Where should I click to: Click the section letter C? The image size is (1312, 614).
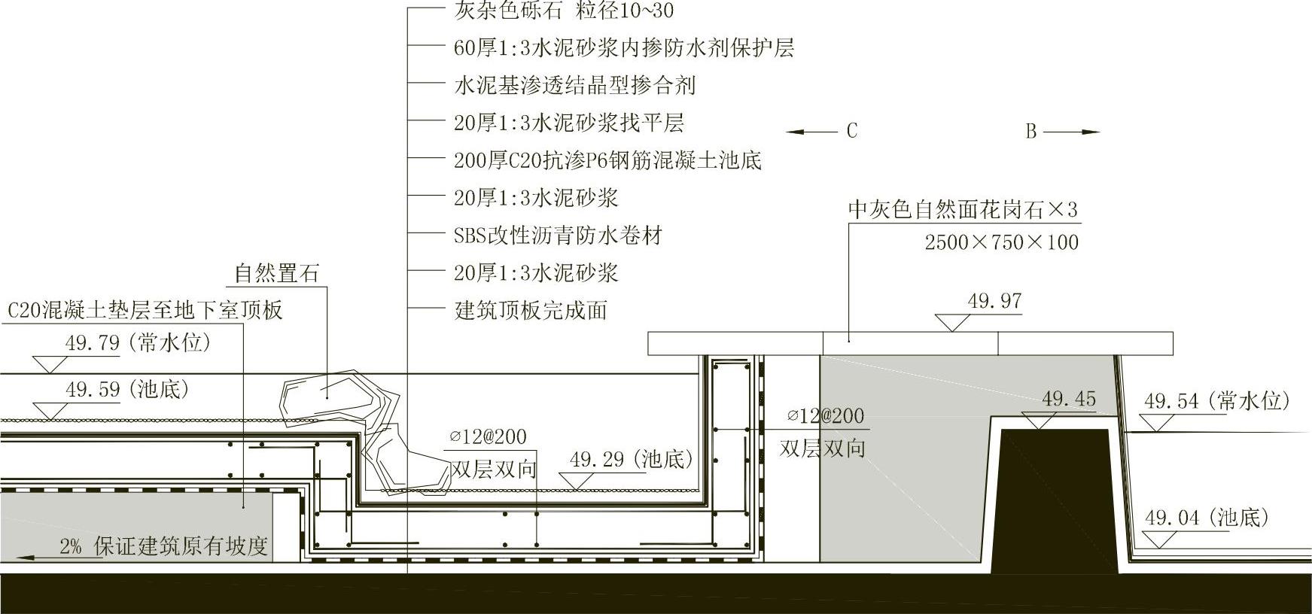851,131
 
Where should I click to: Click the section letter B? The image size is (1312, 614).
1030,132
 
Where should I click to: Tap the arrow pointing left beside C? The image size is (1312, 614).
811,132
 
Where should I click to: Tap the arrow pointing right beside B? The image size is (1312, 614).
1072,132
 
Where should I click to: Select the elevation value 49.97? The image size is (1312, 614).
994,302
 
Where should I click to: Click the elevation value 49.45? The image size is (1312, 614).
1069,399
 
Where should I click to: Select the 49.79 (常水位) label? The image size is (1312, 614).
138,343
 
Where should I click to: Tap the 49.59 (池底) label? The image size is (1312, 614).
127,390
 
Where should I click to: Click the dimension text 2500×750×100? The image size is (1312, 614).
1001,242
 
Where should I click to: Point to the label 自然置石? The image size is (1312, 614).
276,273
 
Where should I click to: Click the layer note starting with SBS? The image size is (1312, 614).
558,236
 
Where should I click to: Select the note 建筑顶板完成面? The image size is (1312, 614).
531,310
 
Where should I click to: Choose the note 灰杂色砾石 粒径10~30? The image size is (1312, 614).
564,11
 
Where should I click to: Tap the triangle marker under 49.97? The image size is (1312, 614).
952,323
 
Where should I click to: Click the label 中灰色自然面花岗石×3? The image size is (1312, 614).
963,209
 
